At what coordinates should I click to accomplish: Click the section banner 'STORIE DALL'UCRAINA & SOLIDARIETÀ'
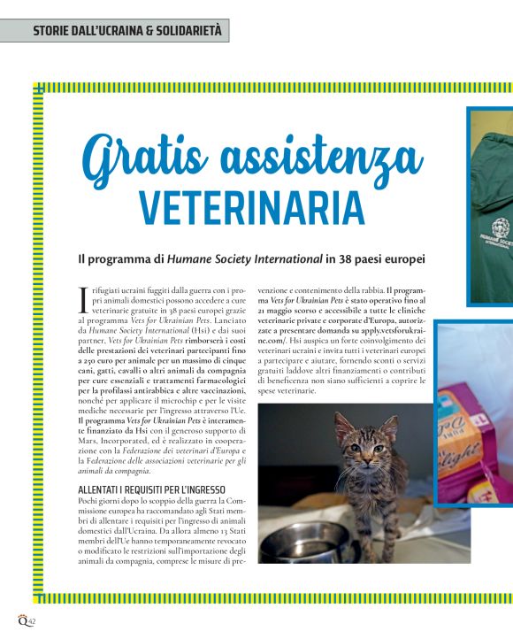115,31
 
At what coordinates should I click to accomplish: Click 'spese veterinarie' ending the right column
287,390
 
